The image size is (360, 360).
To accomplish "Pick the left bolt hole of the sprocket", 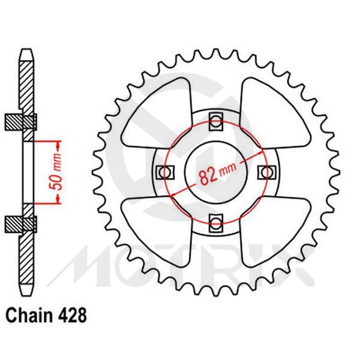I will pyautogui.click(x=161, y=172).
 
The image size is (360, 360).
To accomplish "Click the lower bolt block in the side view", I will pyautogui.click(x=22, y=223).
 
